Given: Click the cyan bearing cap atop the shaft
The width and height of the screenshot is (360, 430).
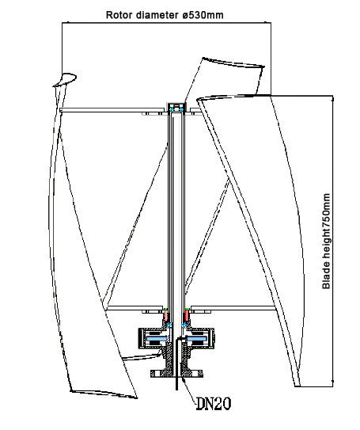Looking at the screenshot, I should (177, 107).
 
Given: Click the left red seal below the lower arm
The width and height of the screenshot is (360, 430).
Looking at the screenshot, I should (166, 316).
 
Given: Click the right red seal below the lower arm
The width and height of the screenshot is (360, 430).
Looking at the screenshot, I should (187, 316).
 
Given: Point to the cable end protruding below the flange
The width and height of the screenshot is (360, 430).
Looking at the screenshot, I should (176, 386).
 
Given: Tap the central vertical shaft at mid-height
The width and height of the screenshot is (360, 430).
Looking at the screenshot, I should (177, 206).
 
